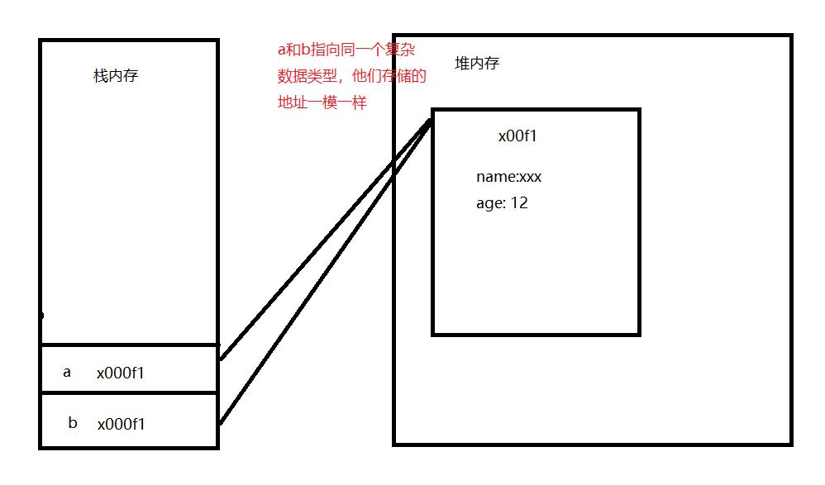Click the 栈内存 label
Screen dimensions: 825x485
pos(116,77)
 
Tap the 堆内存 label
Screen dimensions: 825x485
pos(477,64)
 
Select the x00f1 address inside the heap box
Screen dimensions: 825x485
pos(517,136)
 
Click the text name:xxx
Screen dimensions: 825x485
pos(508,177)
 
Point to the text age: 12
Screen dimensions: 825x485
pos(502,203)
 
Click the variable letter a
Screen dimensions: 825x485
pos(67,372)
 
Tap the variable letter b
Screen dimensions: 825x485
pos(73,423)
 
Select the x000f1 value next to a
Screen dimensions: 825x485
pos(121,373)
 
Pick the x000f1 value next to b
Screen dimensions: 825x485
pos(122,424)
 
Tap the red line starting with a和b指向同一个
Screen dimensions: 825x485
pos(346,50)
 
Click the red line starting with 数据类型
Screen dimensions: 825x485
pos(351,77)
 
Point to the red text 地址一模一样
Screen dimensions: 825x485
pos(322,103)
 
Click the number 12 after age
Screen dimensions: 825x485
pos(519,203)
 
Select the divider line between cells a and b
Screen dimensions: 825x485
pos(129,392)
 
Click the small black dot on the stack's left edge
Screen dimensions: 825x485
pos(41,315)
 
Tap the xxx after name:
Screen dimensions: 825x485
pos(531,177)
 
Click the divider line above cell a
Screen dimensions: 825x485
pos(129,344)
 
